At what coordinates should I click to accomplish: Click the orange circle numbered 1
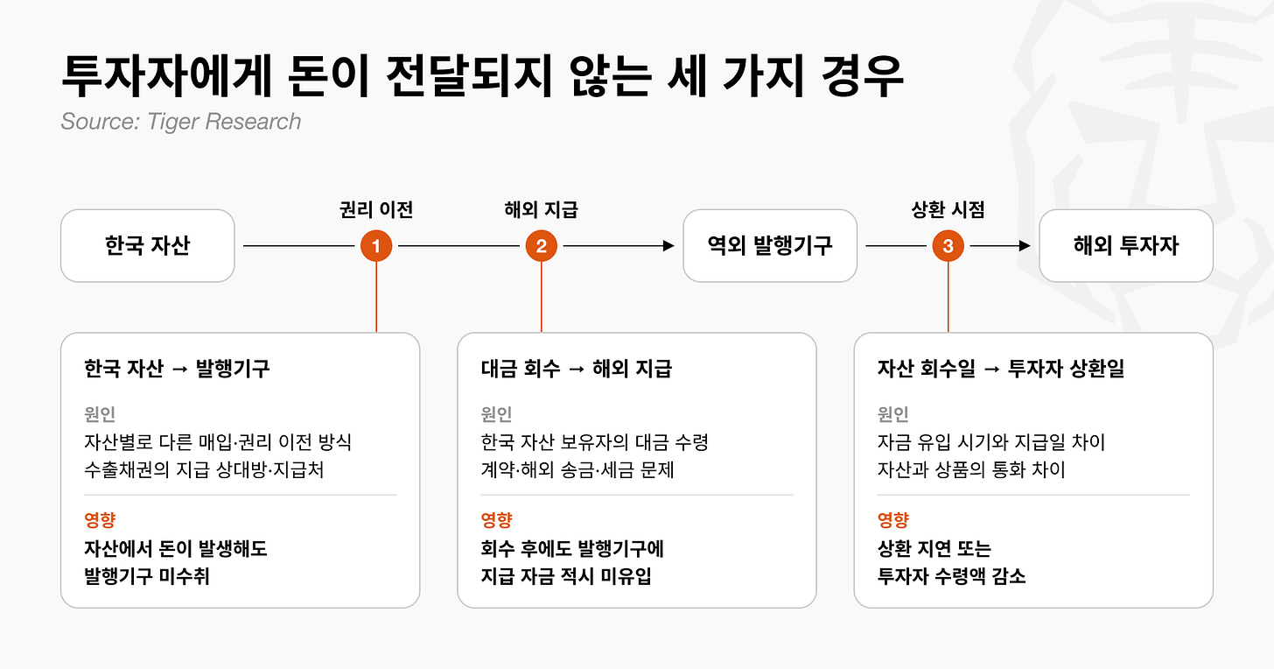pyautogui.click(x=376, y=246)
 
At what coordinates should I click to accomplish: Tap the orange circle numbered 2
pyautogui.click(x=541, y=246)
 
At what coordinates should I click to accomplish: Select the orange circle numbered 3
pyautogui.click(x=948, y=246)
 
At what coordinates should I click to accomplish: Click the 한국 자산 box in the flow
pyautogui.click(x=148, y=246)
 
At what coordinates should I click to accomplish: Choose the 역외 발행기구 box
pyautogui.click(x=770, y=246)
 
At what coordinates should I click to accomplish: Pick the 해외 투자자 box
pyautogui.click(x=1126, y=246)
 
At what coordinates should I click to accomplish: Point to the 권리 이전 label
pyautogui.click(x=376, y=209)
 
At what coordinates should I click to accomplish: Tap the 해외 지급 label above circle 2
pyautogui.click(x=541, y=209)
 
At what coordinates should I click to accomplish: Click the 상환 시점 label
pyautogui.click(x=948, y=209)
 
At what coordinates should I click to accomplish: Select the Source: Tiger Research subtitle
pyautogui.click(x=181, y=121)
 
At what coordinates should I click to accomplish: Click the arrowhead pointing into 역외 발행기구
pyautogui.click(x=668, y=246)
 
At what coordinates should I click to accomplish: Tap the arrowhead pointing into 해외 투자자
pyautogui.click(x=1025, y=246)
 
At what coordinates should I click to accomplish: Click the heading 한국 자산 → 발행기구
pyautogui.click(x=177, y=369)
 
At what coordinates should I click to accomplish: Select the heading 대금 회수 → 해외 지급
pyautogui.click(x=576, y=369)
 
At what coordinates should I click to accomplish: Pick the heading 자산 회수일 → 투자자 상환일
pyautogui.click(x=1001, y=369)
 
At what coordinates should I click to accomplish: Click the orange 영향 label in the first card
pyautogui.click(x=100, y=519)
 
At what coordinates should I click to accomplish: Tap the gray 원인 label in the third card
pyautogui.click(x=892, y=414)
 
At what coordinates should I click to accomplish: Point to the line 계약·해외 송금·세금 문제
pyautogui.click(x=577, y=469)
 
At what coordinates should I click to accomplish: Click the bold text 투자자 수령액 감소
pyautogui.click(x=951, y=576)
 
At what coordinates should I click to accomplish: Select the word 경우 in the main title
pyautogui.click(x=862, y=75)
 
